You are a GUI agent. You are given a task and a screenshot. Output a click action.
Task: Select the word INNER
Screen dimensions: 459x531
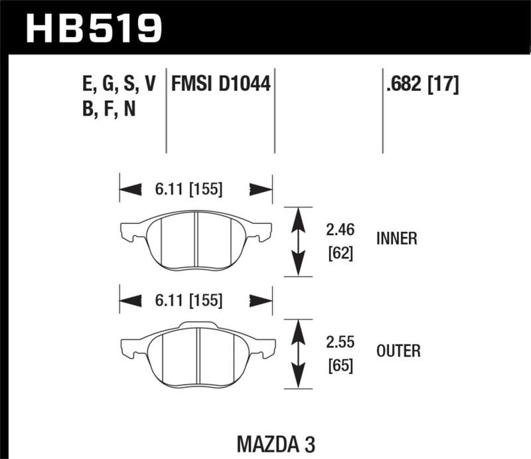tap(396, 239)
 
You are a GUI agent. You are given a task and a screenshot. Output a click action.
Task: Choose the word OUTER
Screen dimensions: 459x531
tap(398, 351)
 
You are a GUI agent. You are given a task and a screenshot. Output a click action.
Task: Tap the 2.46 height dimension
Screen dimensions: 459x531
tap(340, 230)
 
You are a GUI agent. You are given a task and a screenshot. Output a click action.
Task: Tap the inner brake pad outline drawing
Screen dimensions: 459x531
tap(196, 239)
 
